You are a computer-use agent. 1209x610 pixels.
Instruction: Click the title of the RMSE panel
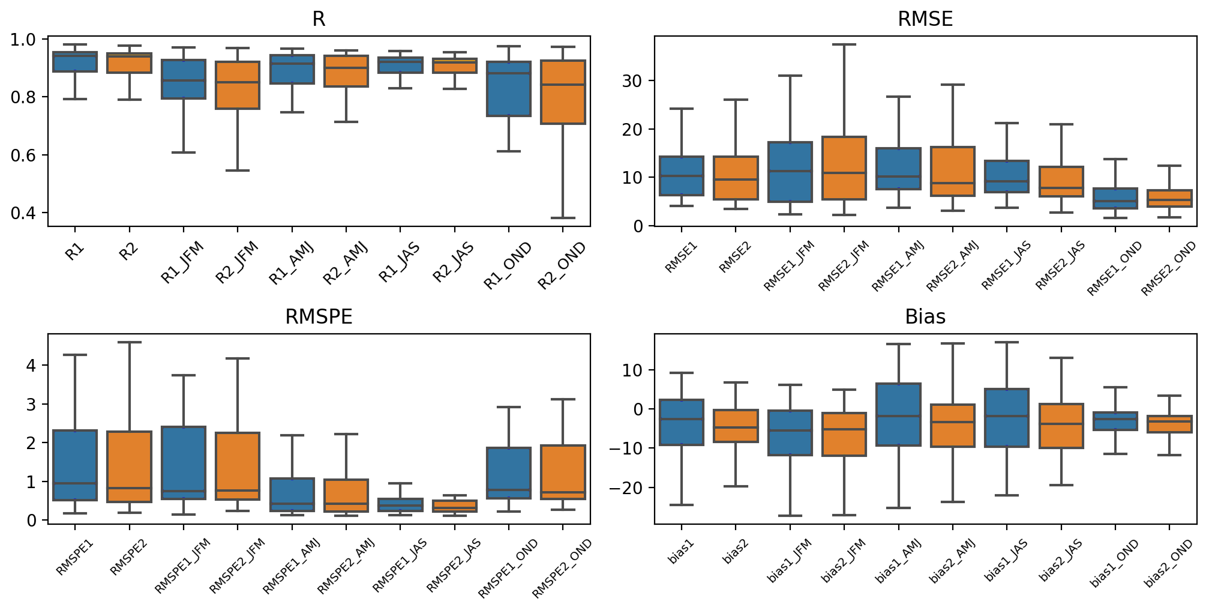point(925,19)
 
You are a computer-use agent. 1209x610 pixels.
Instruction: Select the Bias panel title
point(925,316)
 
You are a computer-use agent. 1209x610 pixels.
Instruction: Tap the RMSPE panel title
point(319,316)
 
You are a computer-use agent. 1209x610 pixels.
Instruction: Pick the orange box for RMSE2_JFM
point(844,168)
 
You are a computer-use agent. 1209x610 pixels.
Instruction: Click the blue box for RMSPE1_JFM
point(184,463)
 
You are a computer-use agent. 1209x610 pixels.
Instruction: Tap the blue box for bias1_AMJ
point(898,414)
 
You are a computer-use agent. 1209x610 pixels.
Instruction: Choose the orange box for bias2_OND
point(1169,424)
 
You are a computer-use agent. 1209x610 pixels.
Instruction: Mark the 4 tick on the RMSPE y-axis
point(31,365)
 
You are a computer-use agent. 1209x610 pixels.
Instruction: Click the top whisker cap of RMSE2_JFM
point(844,44)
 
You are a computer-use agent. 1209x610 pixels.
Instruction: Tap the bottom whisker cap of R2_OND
point(563,218)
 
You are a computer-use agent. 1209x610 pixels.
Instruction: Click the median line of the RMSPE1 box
point(75,483)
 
